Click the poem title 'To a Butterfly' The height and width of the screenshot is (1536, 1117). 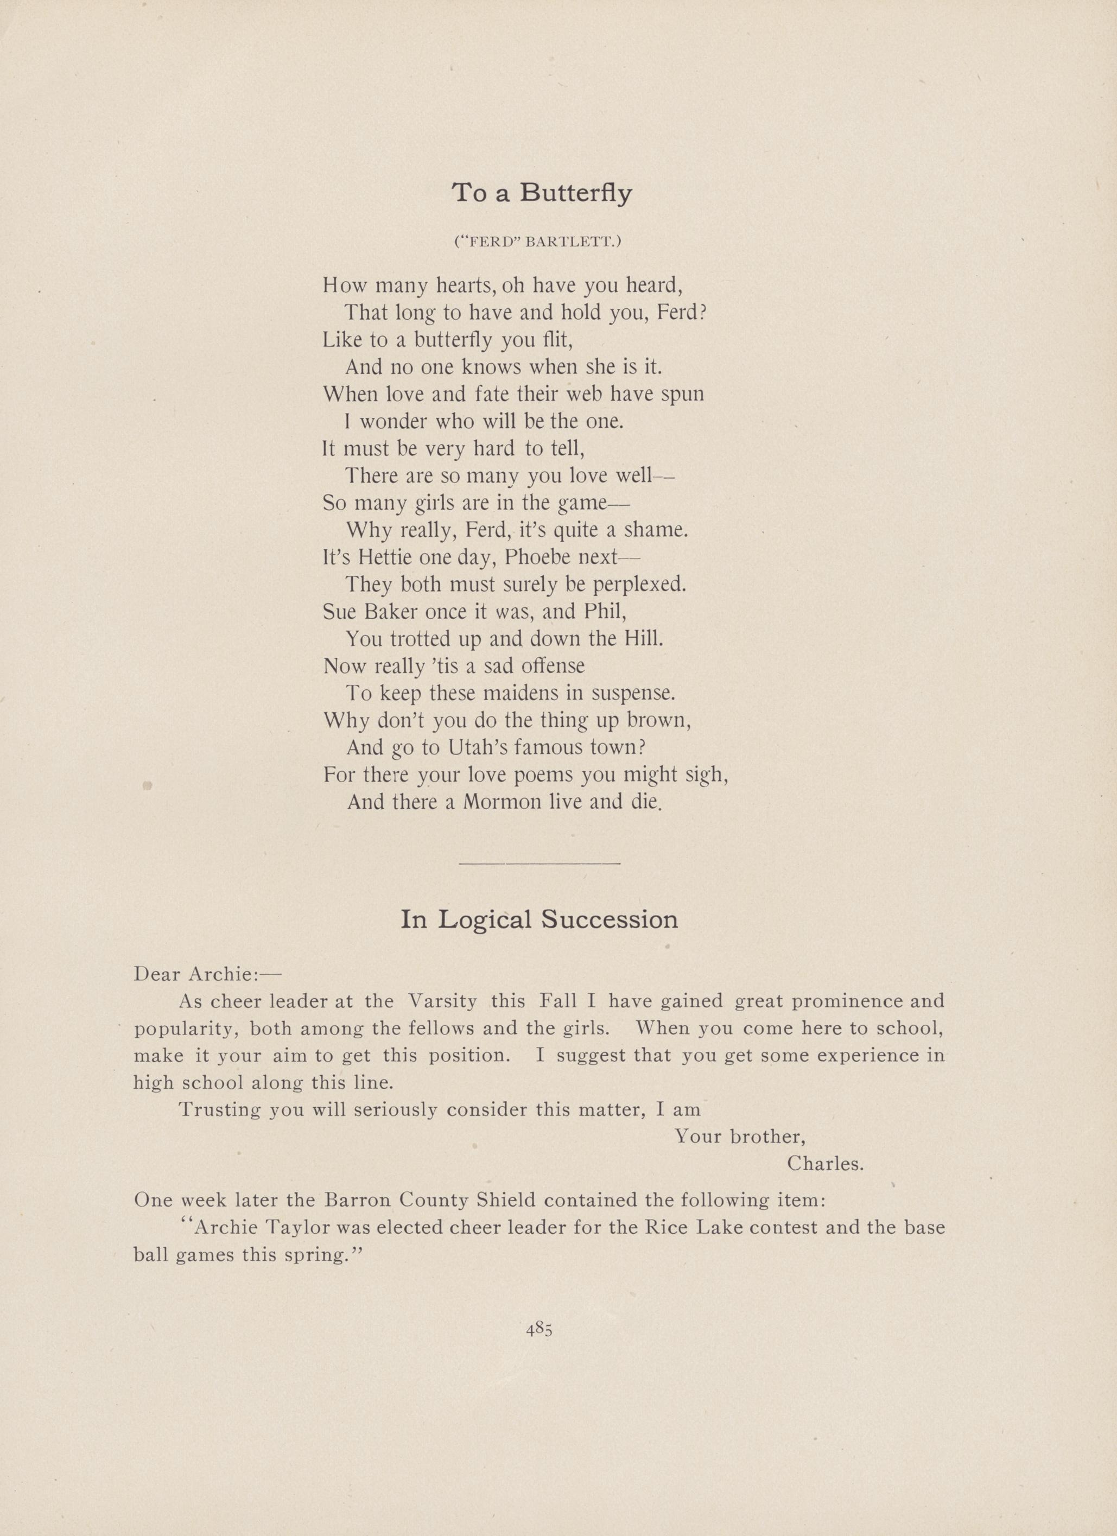click(x=541, y=193)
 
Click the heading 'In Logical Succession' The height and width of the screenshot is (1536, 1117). click(x=539, y=920)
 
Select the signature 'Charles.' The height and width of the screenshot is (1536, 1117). click(x=825, y=1164)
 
